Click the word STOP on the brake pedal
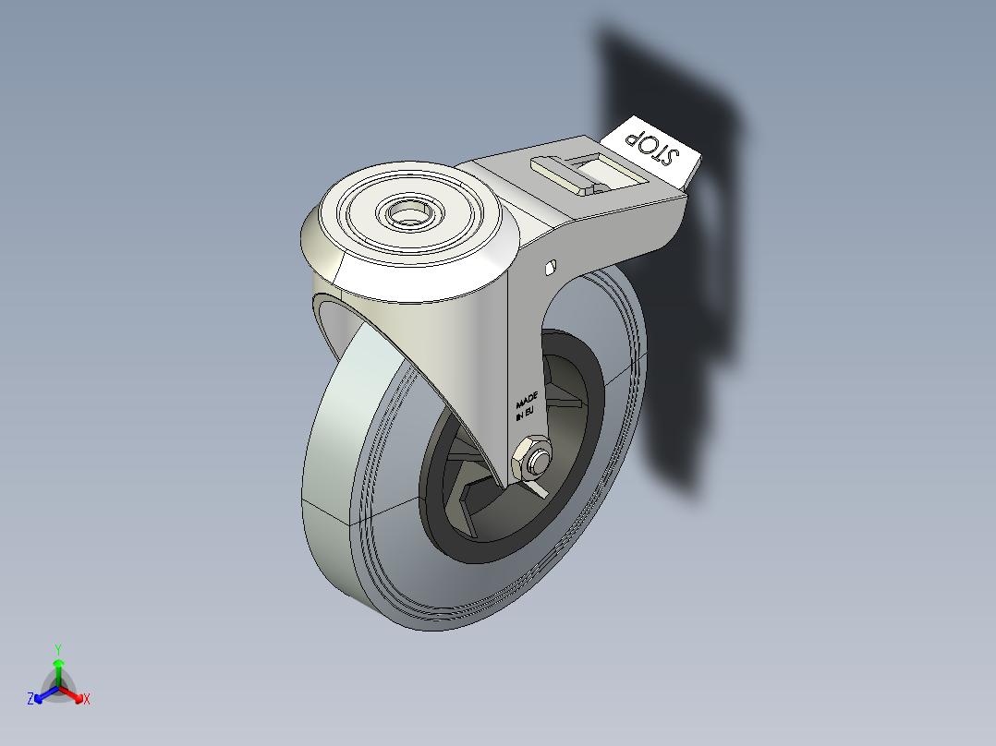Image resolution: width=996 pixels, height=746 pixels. pyautogui.click(x=652, y=148)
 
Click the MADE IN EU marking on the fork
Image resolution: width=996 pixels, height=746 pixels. pyautogui.click(x=526, y=404)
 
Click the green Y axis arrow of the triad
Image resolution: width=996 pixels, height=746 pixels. pyautogui.click(x=57, y=667)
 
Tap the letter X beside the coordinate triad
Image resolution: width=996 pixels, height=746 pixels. pyautogui.click(x=87, y=699)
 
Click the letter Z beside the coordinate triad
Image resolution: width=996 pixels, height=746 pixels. pyautogui.click(x=30, y=699)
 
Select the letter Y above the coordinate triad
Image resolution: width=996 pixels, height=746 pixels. pyautogui.click(x=57, y=648)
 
